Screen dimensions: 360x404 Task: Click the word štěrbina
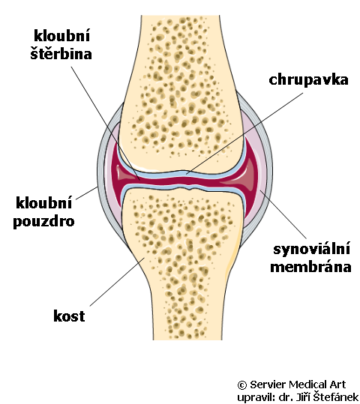61,53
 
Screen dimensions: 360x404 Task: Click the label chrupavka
308,80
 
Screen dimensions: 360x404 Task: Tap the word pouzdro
43,222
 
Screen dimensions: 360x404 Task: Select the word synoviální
311,249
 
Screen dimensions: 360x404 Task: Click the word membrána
310,266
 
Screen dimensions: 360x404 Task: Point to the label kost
69,316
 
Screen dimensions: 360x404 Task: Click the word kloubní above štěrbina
62,35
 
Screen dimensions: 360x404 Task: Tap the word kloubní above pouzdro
43,202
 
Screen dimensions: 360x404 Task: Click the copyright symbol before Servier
242,385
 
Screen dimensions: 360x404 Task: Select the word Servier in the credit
268,385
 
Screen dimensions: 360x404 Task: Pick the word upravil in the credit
253,397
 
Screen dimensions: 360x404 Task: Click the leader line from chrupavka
244,133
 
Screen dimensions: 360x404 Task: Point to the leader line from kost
117,282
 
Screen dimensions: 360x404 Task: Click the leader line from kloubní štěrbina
106,123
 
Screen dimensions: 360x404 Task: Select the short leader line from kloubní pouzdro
87,193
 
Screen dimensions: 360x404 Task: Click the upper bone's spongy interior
178,93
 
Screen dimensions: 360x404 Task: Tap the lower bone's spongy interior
181,258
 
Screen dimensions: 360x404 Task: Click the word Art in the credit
337,385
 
